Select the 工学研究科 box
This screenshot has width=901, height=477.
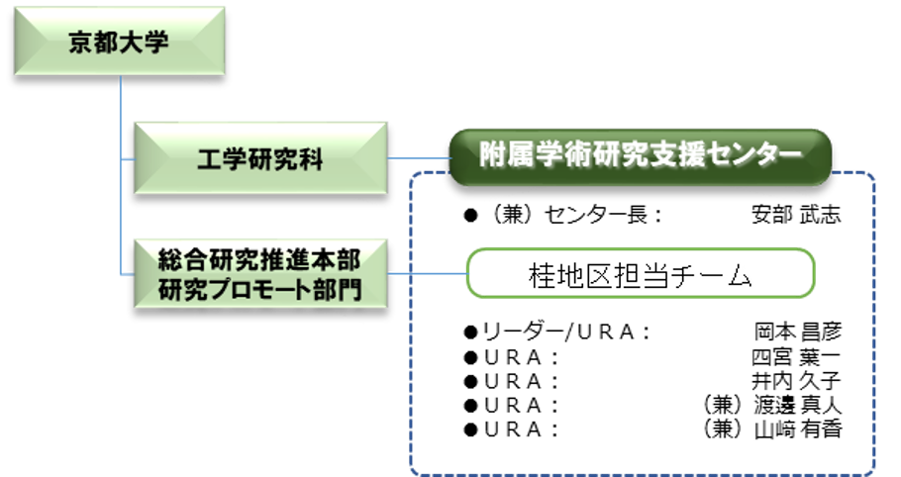258,158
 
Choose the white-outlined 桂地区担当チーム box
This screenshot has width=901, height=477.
641,274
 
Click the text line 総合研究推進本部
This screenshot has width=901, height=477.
258,260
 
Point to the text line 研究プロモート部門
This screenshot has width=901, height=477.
258,289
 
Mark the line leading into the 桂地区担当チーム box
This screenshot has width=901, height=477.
426,274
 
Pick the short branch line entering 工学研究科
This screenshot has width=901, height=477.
127,158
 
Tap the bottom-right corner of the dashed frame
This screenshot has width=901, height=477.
871,470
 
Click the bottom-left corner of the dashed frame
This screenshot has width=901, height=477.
415,470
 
